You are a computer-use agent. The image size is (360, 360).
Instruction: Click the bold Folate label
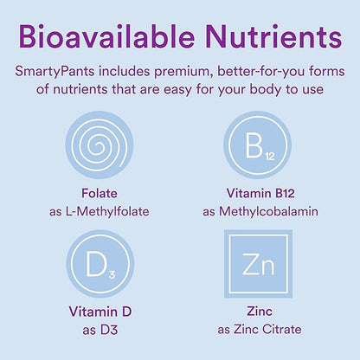click(97, 195)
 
